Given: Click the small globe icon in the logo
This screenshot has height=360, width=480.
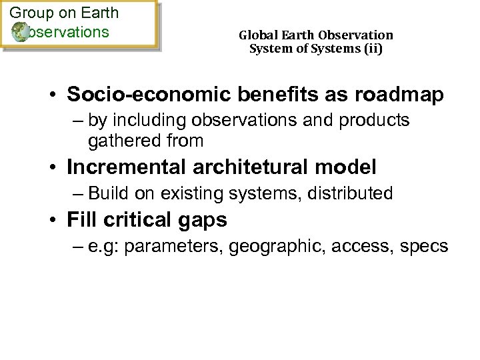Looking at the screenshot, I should tap(21, 31).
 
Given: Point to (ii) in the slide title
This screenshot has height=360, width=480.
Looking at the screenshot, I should tap(374, 48).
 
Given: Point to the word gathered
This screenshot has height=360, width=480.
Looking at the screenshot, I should tap(119, 141).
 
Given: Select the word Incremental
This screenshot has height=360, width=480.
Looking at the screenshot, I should tap(127, 167).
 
